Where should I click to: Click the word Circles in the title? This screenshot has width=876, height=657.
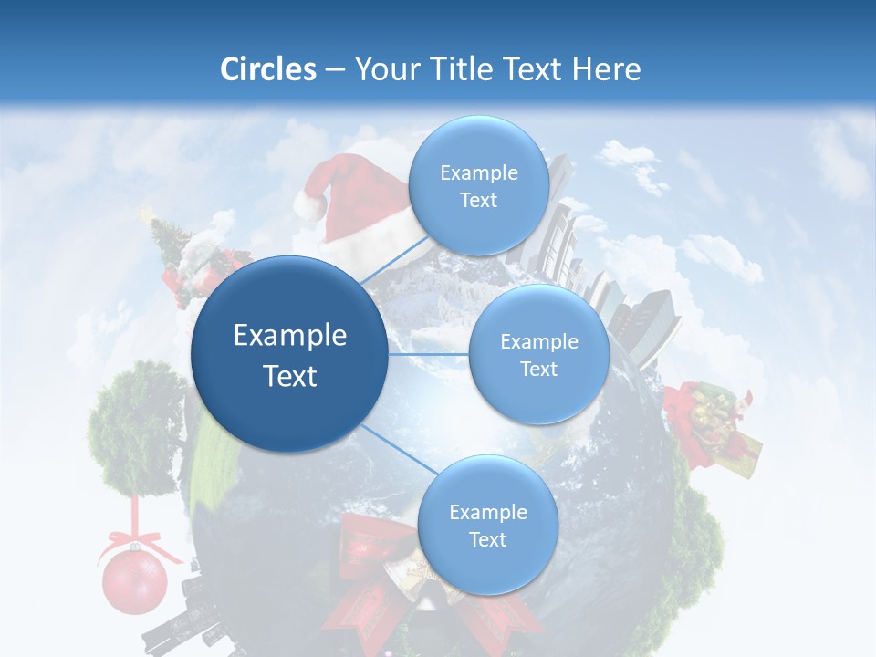[267, 69]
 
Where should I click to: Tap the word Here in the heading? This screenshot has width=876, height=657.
[607, 69]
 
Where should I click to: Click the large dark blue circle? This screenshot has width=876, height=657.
[288, 354]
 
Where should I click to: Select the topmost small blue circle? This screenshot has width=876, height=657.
[477, 186]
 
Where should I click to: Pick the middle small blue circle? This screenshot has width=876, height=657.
[538, 354]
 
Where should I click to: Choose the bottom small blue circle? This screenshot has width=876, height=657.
[487, 526]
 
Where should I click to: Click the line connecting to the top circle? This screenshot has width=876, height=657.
[394, 261]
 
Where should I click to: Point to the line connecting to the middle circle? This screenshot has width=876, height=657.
[429, 354]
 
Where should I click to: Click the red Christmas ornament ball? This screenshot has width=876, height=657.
[134, 581]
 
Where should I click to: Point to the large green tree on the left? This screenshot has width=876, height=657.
[135, 429]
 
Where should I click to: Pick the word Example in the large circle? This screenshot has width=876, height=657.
[289, 336]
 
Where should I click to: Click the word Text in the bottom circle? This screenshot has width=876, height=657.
[487, 539]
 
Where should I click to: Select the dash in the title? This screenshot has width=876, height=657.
[335, 70]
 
